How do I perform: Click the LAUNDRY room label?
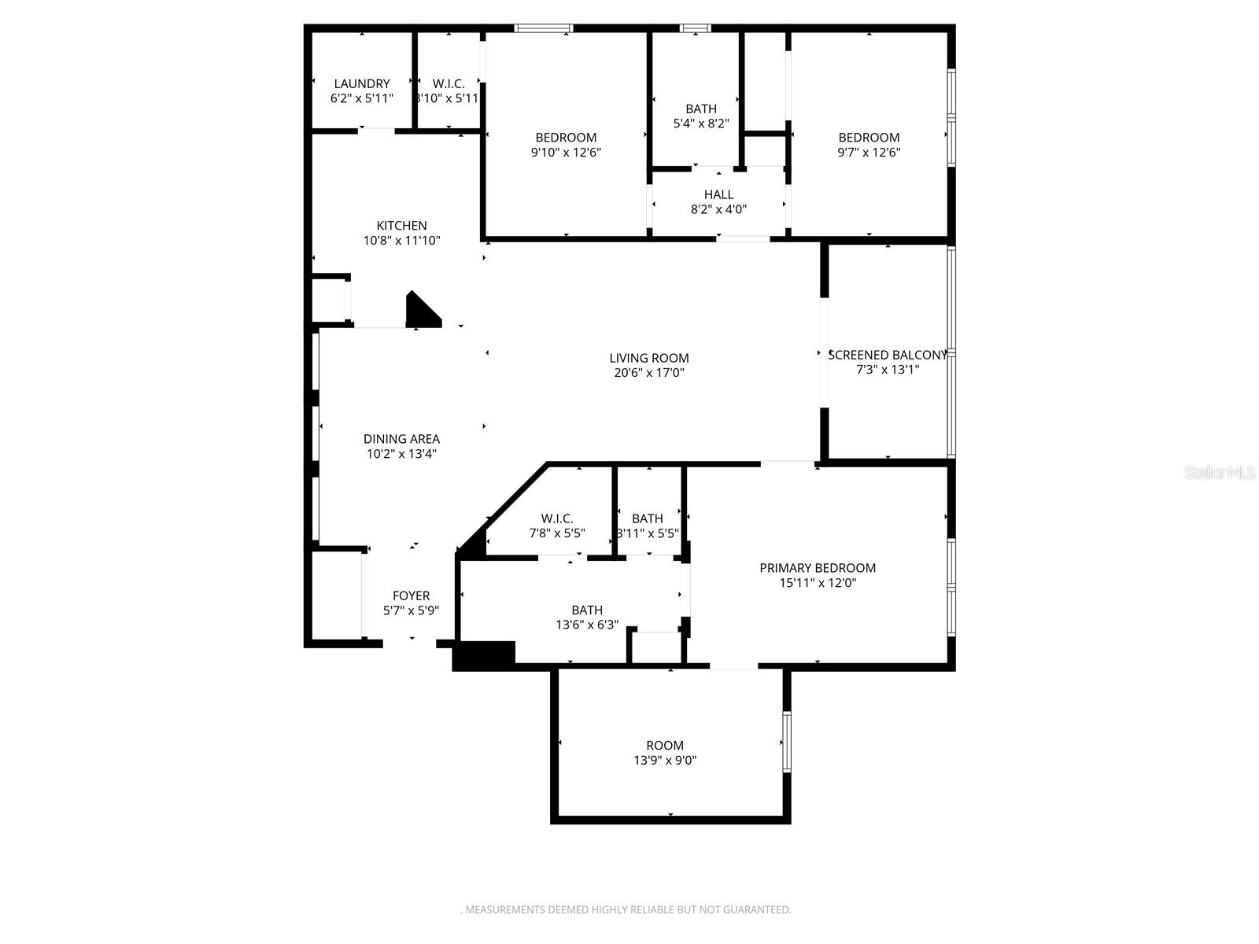[x=361, y=83]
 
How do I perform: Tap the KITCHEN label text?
[x=401, y=226]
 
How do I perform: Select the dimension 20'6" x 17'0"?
[x=649, y=373]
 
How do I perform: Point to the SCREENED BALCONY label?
[x=887, y=355]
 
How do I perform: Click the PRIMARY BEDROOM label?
[x=818, y=568]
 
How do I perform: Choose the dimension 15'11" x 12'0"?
[x=818, y=583]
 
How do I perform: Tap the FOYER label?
[x=411, y=596]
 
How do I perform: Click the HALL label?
[x=718, y=194]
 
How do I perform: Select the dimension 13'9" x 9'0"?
[x=665, y=760]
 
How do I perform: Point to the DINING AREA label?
[x=401, y=439]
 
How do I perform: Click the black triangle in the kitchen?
[x=419, y=312]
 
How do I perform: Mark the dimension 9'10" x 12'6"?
[x=566, y=153]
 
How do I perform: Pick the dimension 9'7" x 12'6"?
[x=869, y=153]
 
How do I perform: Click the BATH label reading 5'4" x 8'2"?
[x=700, y=109]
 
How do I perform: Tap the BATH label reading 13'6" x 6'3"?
[x=587, y=610]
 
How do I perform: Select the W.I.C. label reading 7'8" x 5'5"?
[x=556, y=518]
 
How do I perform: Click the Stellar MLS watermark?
[x=1220, y=473]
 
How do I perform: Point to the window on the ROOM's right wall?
[x=786, y=742]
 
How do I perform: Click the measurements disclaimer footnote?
[x=626, y=909]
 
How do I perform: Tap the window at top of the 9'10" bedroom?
[x=544, y=29]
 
